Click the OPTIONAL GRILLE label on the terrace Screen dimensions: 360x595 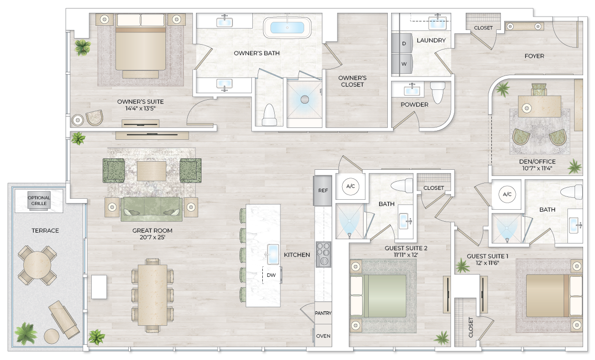(x=39, y=200)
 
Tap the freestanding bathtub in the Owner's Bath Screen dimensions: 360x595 (x=287, y=27)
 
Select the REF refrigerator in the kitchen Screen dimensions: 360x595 (x=323, y=190)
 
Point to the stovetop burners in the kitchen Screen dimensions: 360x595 (x=323, y=254)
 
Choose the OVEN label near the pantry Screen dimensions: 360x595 (x=323, y=336)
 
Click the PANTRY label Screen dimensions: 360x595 (x=323, y=313)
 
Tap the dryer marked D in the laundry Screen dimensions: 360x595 (x=404, y=43)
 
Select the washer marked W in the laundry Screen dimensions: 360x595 (x=404, y=64)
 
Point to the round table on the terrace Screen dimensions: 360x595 (x=35, y=265)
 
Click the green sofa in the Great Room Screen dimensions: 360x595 (x=152, y=208)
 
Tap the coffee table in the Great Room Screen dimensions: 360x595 (x=152, y=171)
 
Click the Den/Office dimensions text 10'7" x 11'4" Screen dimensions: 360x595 (x=537, y=168)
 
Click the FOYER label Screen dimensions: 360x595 (x=534, y=56)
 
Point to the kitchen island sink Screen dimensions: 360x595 (x=273, y=253)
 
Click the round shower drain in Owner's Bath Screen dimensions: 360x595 (x=305, y=99)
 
